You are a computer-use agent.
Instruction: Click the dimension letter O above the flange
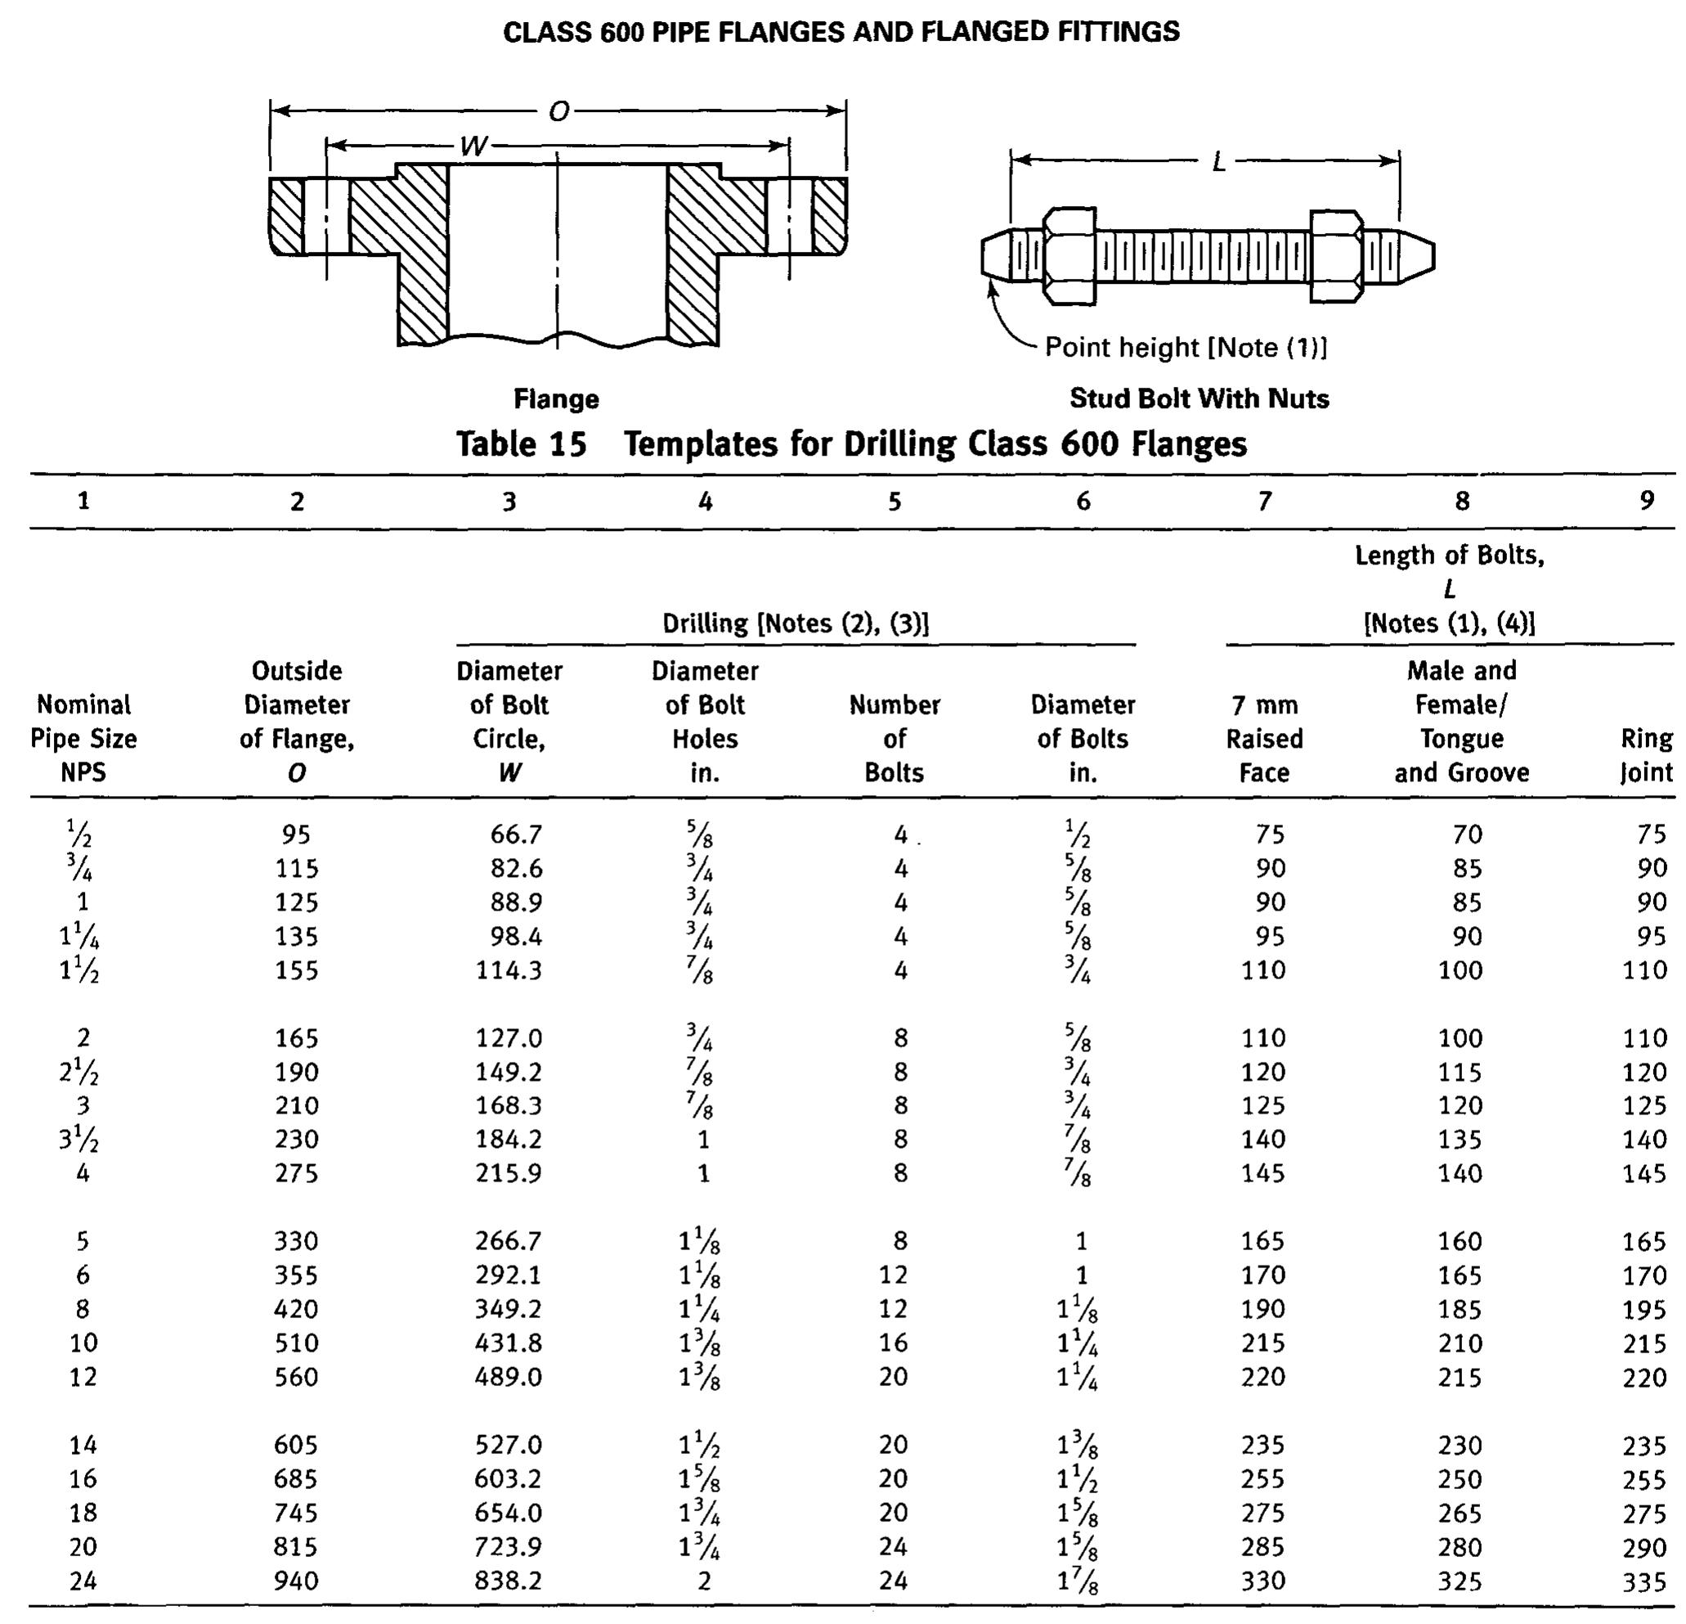click(x=559, y=112)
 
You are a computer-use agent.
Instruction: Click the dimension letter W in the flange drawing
click(x=473, y=146)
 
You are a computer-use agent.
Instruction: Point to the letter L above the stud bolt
click(x=1218, y=162)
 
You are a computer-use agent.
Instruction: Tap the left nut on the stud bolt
click(x=1069, y=255)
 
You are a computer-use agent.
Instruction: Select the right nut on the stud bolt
click(x=1336, y=256)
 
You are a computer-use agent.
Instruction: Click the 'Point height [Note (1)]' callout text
click(x=1186, y=348)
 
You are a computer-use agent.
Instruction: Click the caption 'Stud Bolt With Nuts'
click(x=1199, y=398)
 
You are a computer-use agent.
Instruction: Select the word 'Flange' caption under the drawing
click(x=556, y=399)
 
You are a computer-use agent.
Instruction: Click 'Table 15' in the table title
click(x=522, y=445)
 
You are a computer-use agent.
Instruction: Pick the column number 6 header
click(x=1083, y=501)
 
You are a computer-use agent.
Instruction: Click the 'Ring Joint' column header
click(x=1647, y=755)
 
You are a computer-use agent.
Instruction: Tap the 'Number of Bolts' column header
click(x=895, y=739)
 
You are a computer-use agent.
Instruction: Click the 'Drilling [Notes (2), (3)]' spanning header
click(x=795, y=623)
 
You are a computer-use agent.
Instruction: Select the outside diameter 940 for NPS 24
click(x=296, y=1581)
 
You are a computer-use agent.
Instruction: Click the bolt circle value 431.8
click(x=509, y=1343)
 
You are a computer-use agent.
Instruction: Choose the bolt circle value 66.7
click(x=516, y=834)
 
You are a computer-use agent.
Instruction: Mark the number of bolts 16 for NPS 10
click(x=893, y=1343)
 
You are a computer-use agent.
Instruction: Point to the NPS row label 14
click(x=83, y=1445)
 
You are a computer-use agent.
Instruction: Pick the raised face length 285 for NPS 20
click(x=1262, y=1547)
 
